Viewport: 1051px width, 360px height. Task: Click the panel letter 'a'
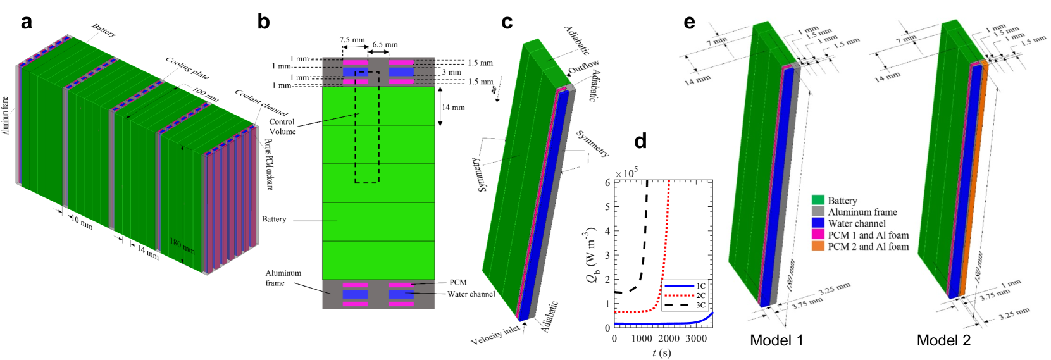pyautogui.click(x=26, y=22)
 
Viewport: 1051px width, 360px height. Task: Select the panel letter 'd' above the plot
pyautogui.click(x=640, y=140)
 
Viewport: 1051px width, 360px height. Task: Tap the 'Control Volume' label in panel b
pyautogui.click(x=282, y=127)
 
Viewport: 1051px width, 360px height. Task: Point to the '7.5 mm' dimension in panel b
pyautogui.click(x=352, y=40)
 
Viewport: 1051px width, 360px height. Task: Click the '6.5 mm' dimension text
pyautogui.click(x=385, y=45)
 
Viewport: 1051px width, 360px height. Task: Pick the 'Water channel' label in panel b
pyautogui.click(x=471, y=294)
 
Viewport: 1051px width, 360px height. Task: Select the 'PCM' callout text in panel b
pyautogui.click(x=458, y=282)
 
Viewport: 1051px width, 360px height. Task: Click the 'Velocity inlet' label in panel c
pyautogui.click(x=495, y=335)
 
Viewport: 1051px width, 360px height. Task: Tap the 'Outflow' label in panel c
pyautogui.click(x=583, y=66)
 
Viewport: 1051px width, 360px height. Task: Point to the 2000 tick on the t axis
pyautogui.click(x=669, y=338)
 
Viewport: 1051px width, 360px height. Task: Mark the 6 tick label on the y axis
pyautogui.click(x=607, y=182)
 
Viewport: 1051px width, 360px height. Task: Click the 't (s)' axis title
pyautogui.click(x=661, y=352)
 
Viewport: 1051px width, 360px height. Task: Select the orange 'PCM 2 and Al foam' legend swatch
pyautogui.click(x=818, y=246)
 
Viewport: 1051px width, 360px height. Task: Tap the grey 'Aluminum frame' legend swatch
pyautogui.click(x=818, y=212)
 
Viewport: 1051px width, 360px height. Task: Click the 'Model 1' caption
pyautogui.click(x=776, y=340)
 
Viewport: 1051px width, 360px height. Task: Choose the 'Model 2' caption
pyautogui.click(x=943, y=340)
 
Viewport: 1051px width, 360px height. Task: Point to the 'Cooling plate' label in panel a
pyautogui.click(x=187, y=68)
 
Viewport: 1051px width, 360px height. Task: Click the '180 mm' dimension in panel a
pyautogui.click(x=182, y=245)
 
